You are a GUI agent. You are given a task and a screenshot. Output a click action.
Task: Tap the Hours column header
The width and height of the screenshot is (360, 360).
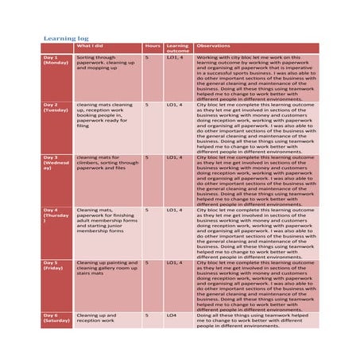[x=153, y=46]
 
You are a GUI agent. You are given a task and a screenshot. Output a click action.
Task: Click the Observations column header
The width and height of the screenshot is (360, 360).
[x=213, y=46]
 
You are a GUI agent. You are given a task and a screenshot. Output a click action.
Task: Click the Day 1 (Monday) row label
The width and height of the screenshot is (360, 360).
[x=56, y=60]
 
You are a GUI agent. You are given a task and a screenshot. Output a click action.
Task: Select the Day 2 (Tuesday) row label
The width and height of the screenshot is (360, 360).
[x=56, y=107]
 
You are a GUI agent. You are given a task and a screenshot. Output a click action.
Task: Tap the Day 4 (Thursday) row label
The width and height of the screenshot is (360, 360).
[x=56, y=215]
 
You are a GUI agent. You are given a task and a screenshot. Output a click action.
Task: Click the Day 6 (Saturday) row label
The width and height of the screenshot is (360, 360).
[x=56, y=318]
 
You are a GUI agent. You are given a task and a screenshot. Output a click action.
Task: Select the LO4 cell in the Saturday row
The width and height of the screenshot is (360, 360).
[x=172, y=315]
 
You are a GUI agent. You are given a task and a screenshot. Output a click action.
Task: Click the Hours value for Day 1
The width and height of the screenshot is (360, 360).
[x=147, y=57]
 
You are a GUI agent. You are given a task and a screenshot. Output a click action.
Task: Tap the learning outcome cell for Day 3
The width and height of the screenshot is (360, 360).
[x=175, y=157]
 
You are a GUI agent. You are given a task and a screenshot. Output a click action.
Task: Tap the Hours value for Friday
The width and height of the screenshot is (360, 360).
[x=147, y=262]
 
